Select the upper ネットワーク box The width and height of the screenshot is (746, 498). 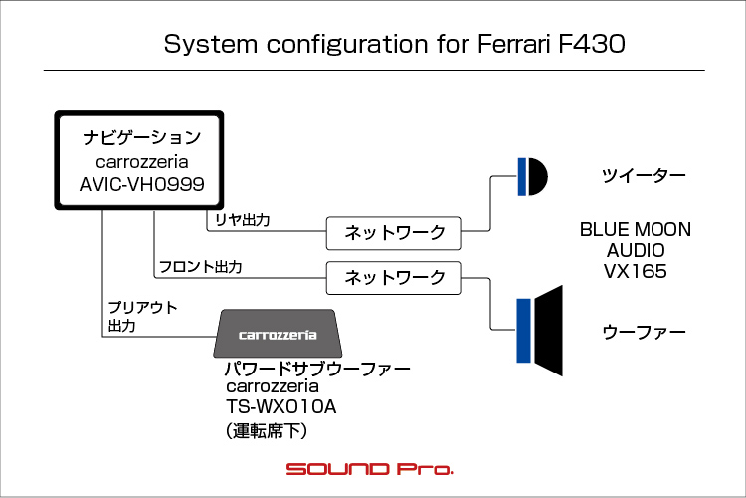point(395,233)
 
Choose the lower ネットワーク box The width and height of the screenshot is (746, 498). point(395,277)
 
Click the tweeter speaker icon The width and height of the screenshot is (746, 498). point(532,176)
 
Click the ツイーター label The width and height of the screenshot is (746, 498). point(644,176)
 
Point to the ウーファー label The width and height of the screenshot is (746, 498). point(644,331)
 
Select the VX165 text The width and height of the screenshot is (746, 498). point(635,270)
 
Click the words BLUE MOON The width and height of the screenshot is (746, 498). point(635,230)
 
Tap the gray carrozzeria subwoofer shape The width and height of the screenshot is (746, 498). point(278,335)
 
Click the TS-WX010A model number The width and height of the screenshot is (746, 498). point(281,407)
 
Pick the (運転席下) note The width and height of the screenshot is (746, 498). point(268,431)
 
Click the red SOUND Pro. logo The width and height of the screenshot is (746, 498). point(370,468)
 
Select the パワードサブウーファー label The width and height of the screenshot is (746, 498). point(317,369)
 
